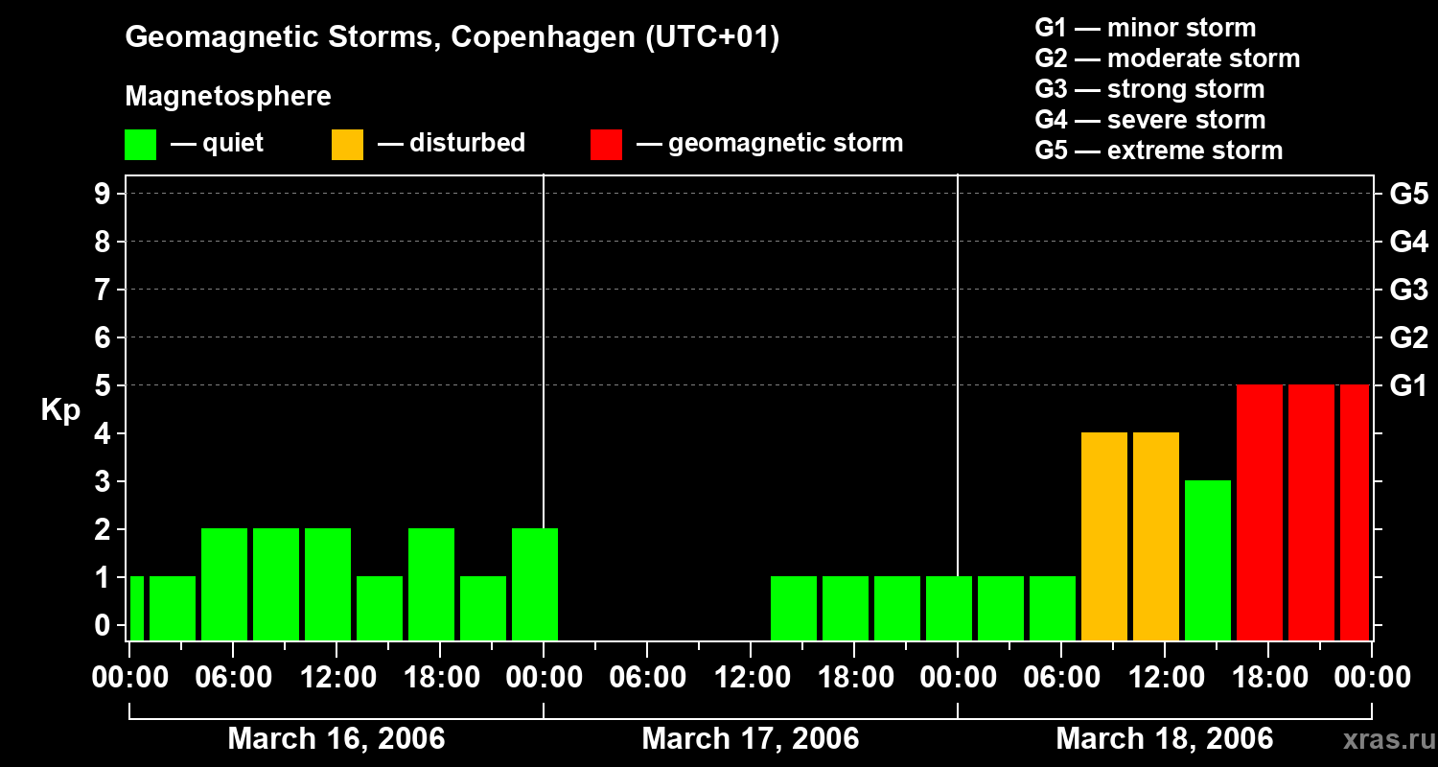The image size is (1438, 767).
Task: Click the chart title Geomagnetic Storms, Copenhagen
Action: tap(452, 37)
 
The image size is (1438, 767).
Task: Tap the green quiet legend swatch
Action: tap(140, 145)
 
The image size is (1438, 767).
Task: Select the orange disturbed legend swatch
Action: tap(347, 145)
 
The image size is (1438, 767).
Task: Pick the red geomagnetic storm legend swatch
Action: tap(607, 145)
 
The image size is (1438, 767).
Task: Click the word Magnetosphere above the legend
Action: tap(228, 96)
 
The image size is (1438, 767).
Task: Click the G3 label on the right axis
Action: tap(1408, 291)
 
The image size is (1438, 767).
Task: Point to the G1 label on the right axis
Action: tap(1408, 386)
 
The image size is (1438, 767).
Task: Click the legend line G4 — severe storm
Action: tap(1149, 120)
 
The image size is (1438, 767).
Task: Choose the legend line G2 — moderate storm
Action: tap(1167, 58)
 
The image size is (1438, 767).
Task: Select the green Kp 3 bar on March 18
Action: tap(1208, 560)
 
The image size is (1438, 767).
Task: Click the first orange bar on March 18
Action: tap(1104, 536)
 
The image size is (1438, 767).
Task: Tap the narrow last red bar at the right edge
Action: tap(1355, 512)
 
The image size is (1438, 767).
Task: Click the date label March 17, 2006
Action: tap(750, 739)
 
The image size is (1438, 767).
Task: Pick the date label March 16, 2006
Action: tap(336, 739)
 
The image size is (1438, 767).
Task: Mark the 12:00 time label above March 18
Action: tap(1164, 678)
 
